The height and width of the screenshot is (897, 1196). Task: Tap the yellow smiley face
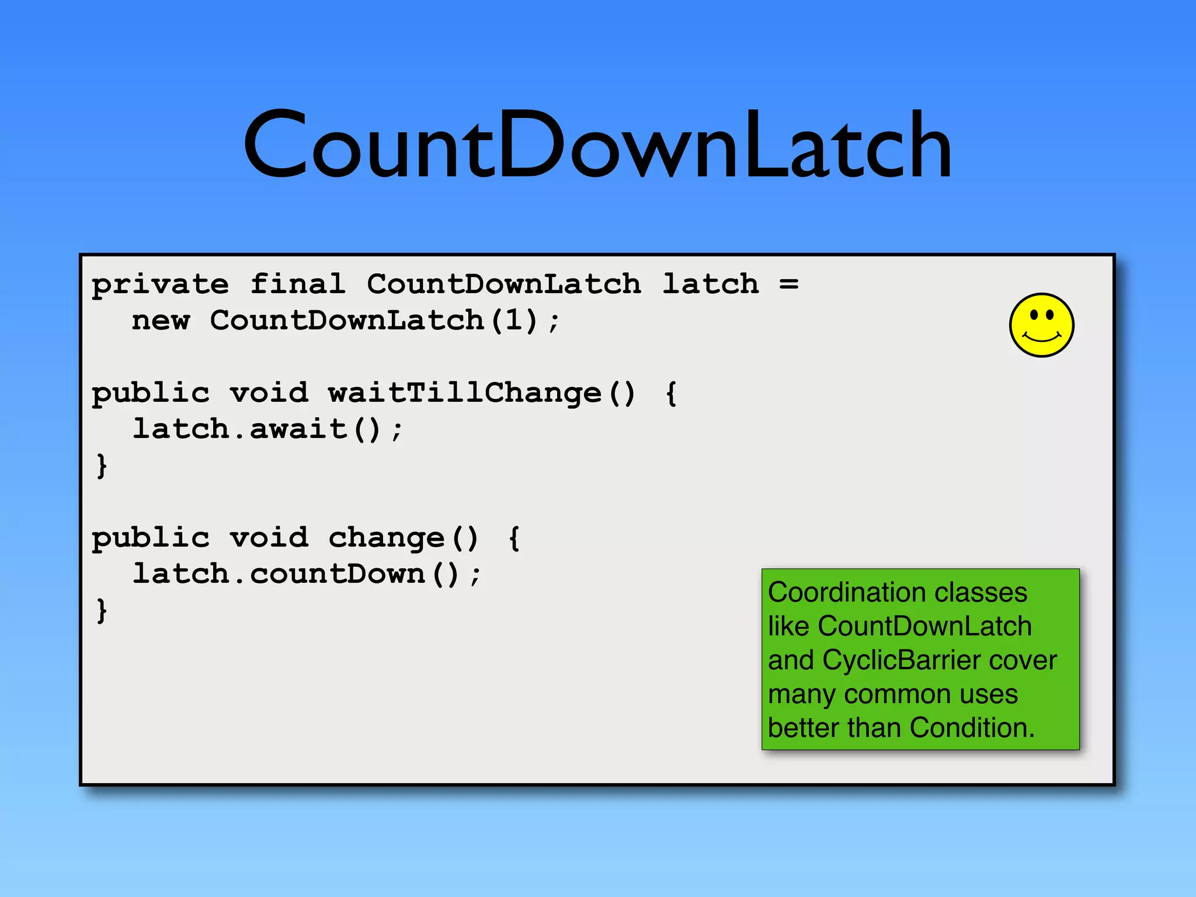(x=1041, y=325)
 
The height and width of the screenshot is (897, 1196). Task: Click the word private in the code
(x=160, y=285)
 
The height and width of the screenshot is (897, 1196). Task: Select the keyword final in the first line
(x=298, y=284)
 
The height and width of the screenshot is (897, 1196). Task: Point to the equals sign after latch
(x=788, y=285)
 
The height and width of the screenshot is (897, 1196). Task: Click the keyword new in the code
(x=161, y=321)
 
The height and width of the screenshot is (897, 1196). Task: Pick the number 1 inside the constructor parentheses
(x=513, y=320)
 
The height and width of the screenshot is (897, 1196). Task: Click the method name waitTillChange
(x=464, y=392)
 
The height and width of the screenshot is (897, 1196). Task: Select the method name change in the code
(x=386, y=538)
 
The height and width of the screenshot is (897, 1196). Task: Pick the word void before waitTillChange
(x=269, y=392)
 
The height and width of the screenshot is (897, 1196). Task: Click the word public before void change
(x=151, y=538)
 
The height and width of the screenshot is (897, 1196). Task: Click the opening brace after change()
(x=514, y=538)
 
